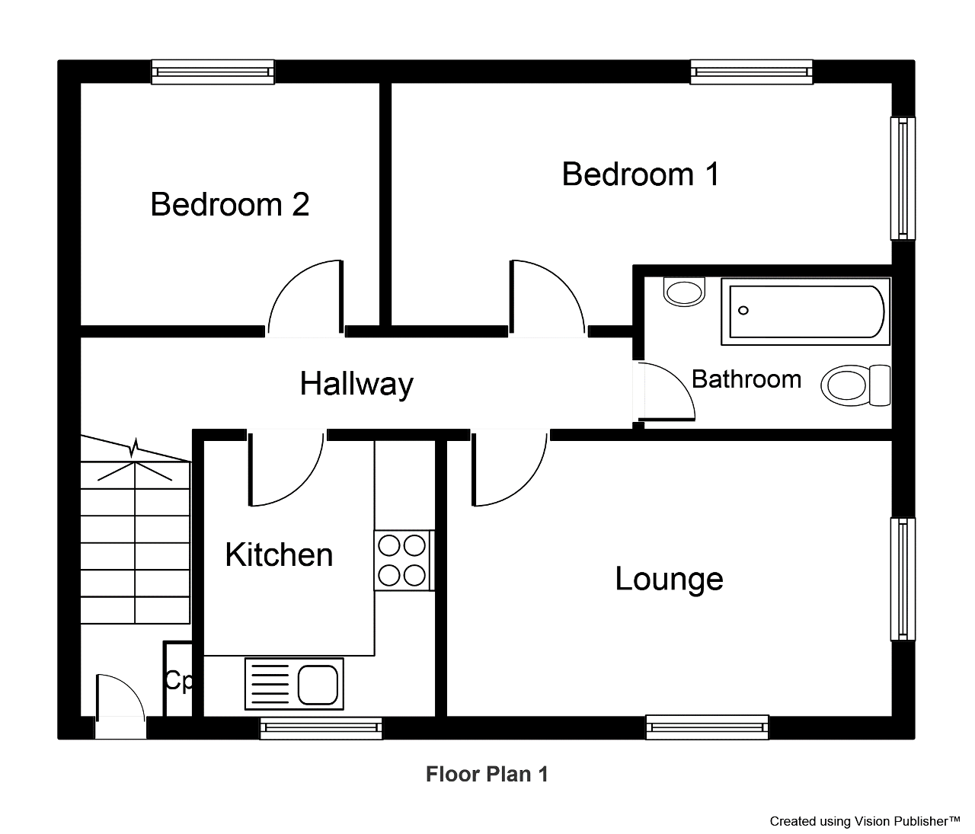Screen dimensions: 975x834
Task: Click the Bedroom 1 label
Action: click(x=640, y=174)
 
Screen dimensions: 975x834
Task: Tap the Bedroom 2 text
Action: click(x=230, y=204)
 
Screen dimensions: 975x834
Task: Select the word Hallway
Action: click(x=356, y=384)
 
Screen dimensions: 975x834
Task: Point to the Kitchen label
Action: click(x=280, y=554)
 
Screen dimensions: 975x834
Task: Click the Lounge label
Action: click(x=669, y=580)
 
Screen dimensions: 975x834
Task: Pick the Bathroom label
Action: click(x=746, y=379)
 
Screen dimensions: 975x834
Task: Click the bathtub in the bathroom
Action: click(x=806, y=312)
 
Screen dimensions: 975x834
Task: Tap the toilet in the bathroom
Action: click(x=855, y=385)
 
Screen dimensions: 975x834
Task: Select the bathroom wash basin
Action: click(x=684, y=292)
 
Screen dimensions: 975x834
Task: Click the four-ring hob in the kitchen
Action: click(x=404, y=561)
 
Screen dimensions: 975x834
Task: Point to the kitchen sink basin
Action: click(x=318, y=684)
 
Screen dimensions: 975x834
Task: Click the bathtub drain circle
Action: click(x=743, y=311)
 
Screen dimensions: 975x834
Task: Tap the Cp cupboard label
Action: click(x=178, y=681)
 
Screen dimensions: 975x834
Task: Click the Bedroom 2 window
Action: click(x=213, y=72)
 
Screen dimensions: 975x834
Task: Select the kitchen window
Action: click(x=321, y=729)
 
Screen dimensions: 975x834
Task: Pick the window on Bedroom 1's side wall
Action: click(x=903, y=178)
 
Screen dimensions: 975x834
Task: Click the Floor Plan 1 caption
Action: click(x=487, y=774)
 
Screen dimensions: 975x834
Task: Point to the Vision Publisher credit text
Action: click(x=865, y=821)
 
